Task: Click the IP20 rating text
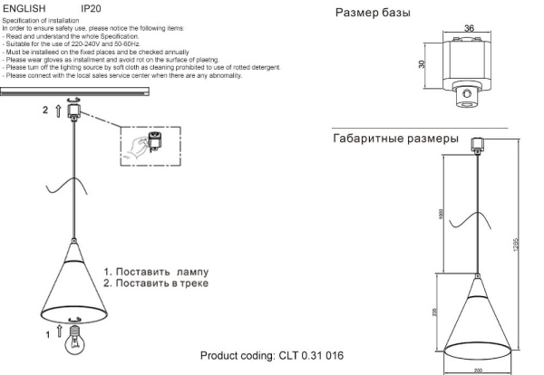[x=91, y=7]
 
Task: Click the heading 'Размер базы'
[x=373, y=14]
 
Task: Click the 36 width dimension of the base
[x=469, y=29]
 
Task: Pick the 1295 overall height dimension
[x=518, y=250]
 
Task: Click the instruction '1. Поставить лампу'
[x=155, y=271]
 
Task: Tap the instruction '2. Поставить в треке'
[x=155, y=284]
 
